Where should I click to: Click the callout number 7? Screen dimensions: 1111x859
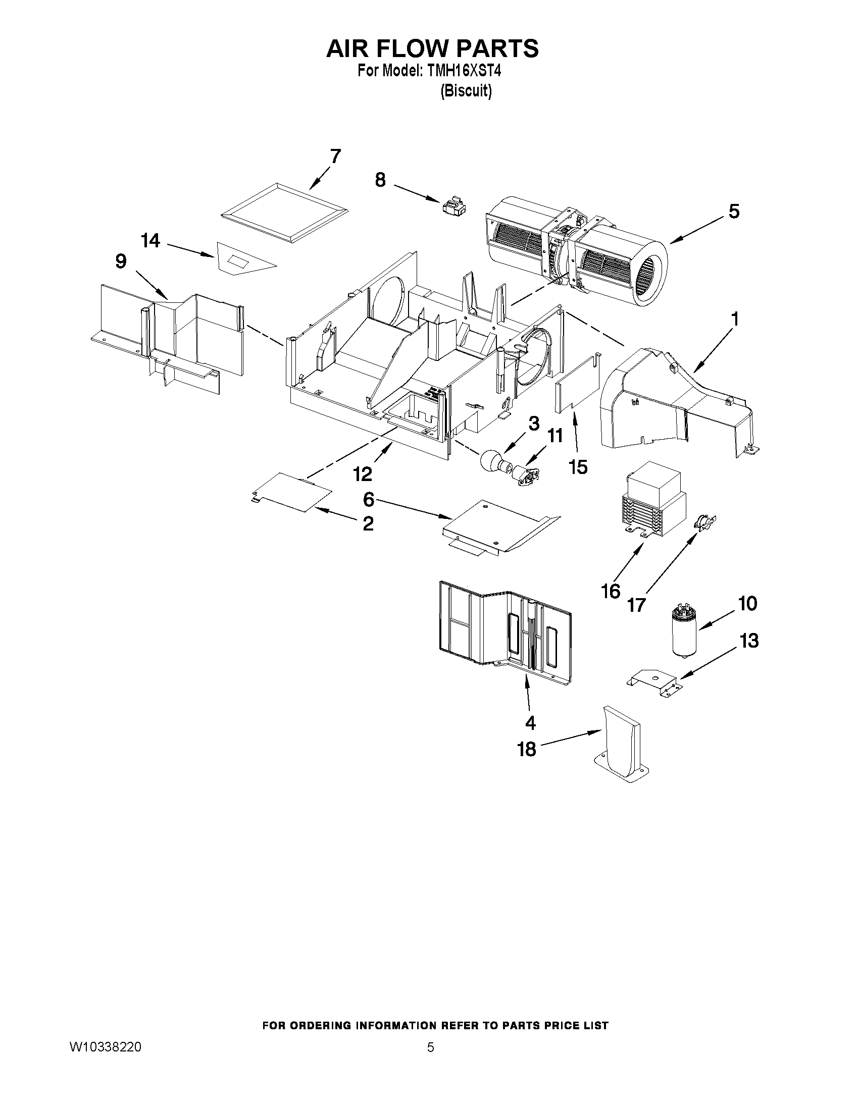[x=335, y=156]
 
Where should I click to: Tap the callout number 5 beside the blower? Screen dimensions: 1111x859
[x=733, y=211]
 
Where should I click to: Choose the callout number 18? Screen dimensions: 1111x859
[x=527, y=749]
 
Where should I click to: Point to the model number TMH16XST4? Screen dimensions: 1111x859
[x=465, y=71]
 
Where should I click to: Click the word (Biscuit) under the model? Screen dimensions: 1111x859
[x=466, y=91]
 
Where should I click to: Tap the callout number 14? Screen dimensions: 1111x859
[x=150, y=241]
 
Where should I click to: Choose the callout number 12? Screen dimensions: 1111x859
[x=363, y=473]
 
